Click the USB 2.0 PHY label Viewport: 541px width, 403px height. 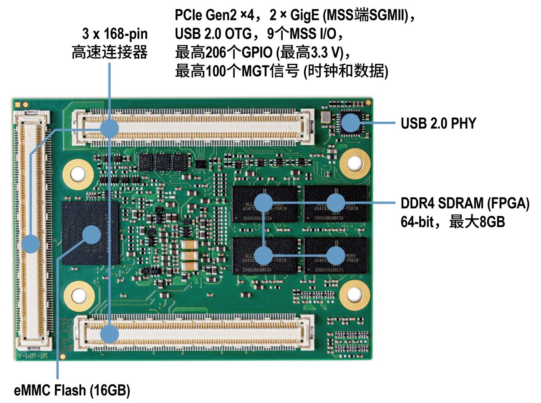click(x=438, y=123)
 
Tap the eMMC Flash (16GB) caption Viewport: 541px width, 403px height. click(x=72, y=390)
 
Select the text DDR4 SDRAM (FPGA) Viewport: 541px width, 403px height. click(x=465, y=203)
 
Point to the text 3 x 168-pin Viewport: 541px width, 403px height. click(x=115, y=34)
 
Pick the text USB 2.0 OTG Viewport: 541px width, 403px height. click(x=213, y=34)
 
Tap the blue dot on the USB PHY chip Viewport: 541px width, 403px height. click(x=350, y=123)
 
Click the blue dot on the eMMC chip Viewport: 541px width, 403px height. click(x=91, y=235)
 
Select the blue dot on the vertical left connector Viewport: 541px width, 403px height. click(x=31, y=244)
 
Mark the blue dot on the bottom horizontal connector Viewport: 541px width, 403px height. click(x=110, y=334)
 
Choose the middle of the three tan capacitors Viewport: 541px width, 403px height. click(x=190, y=256)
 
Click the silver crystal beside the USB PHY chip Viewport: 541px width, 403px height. click(x=325, y=116)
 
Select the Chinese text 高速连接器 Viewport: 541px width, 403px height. click(x=110, y=53)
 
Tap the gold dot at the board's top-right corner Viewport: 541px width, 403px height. click(x=368, y=103)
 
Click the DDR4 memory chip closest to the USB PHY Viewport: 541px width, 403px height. click(x=336, y=204)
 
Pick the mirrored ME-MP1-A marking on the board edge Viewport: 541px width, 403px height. click(x=34, y=355)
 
